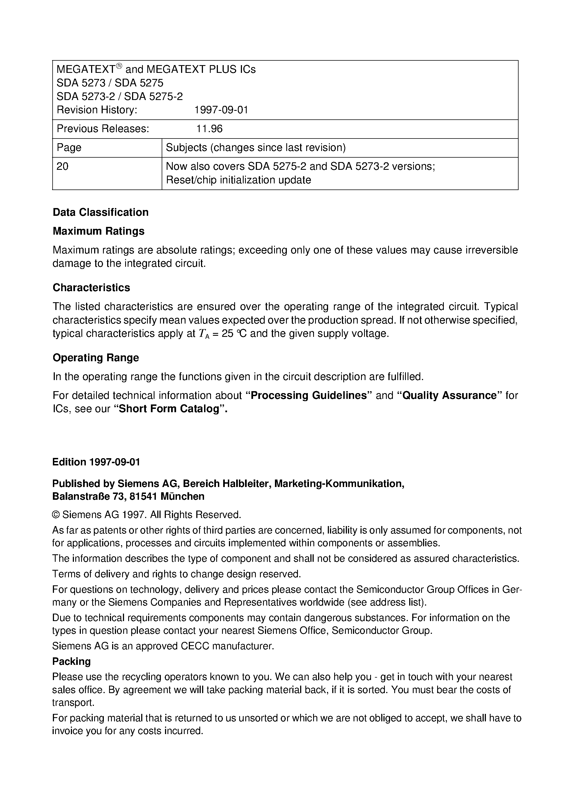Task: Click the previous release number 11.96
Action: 209,129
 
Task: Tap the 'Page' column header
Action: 69,147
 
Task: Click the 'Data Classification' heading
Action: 101,212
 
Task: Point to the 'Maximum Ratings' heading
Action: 98,231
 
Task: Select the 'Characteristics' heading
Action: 91,288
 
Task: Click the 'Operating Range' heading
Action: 96,358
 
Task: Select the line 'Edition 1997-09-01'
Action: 96,462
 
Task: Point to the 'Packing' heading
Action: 72,662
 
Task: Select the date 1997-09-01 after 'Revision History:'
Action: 221,110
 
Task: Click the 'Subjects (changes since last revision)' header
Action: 256,147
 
